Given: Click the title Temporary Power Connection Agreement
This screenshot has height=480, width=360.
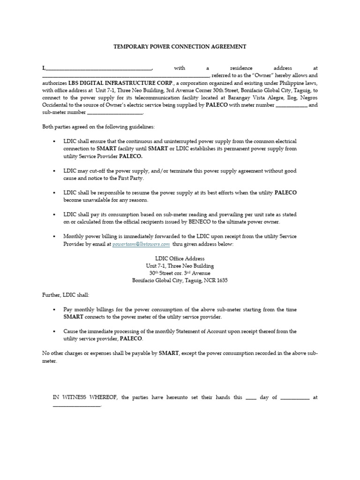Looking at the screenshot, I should coord(180,47).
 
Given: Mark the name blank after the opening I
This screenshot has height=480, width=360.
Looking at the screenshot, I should coord(98,68).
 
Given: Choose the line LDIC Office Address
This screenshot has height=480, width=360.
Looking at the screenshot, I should coord(180,258).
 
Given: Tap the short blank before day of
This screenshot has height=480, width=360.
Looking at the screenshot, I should coord(251,398).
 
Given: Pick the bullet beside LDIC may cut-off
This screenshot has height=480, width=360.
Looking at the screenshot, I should coord(55,171).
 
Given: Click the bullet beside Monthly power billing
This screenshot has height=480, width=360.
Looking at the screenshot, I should coord(55,237).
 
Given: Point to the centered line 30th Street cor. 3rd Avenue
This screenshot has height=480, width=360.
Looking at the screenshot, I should coord(180,273).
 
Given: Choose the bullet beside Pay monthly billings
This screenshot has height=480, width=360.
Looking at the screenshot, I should coord(55,310).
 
